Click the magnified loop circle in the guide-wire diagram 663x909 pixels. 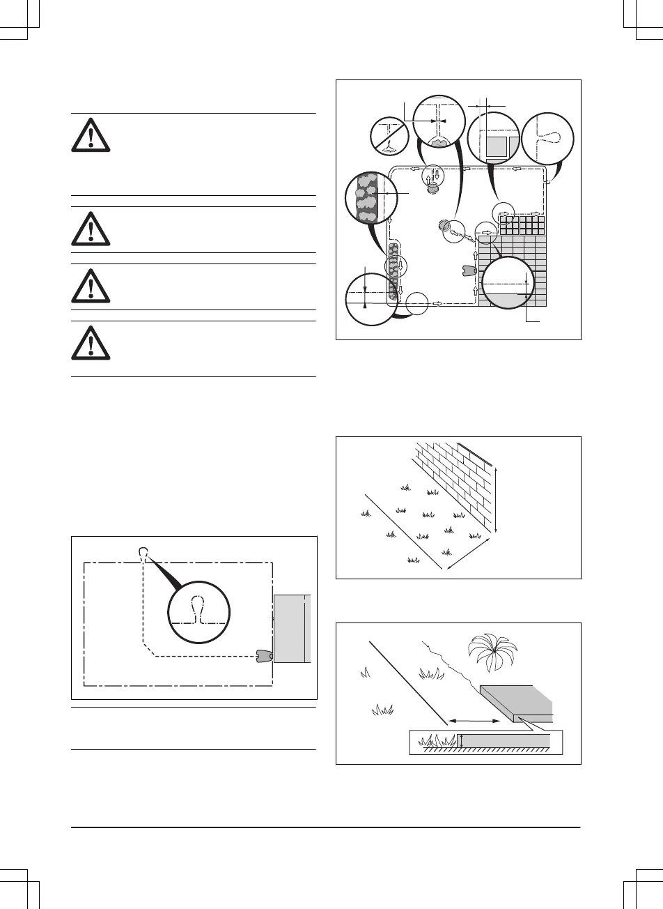(x=198, y=611)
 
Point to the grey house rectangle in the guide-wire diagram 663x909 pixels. (x=291, y=628)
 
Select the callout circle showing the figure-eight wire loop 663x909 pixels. (x=547, y=137)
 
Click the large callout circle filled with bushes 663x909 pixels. (x=370, y=197)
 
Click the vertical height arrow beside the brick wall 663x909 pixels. (x=495, y=499)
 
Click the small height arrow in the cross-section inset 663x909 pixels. (x=461, y=742)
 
